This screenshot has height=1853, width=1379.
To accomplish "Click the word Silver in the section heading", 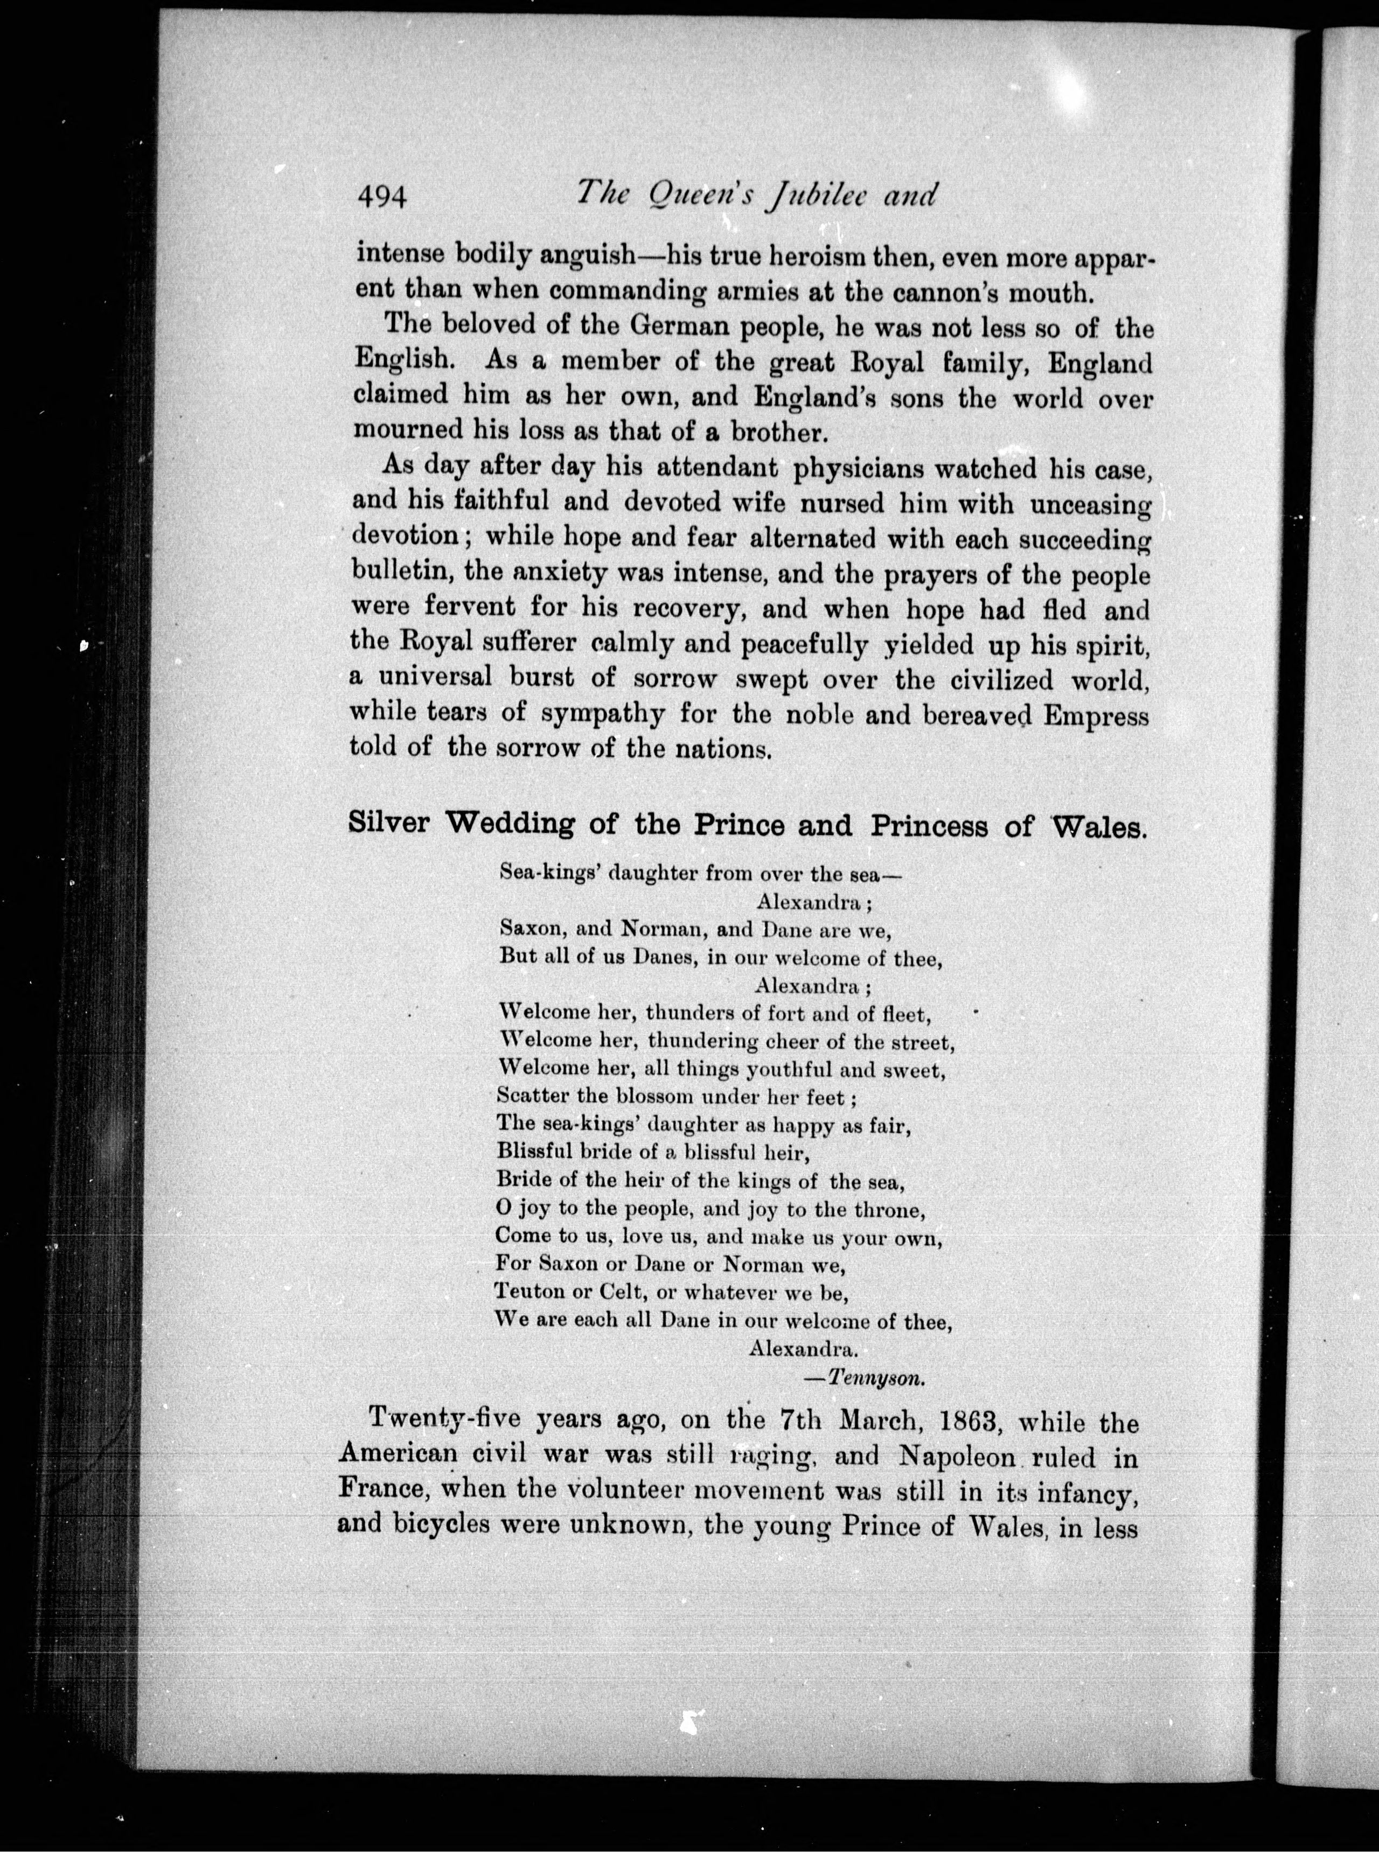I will pos(389,824).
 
